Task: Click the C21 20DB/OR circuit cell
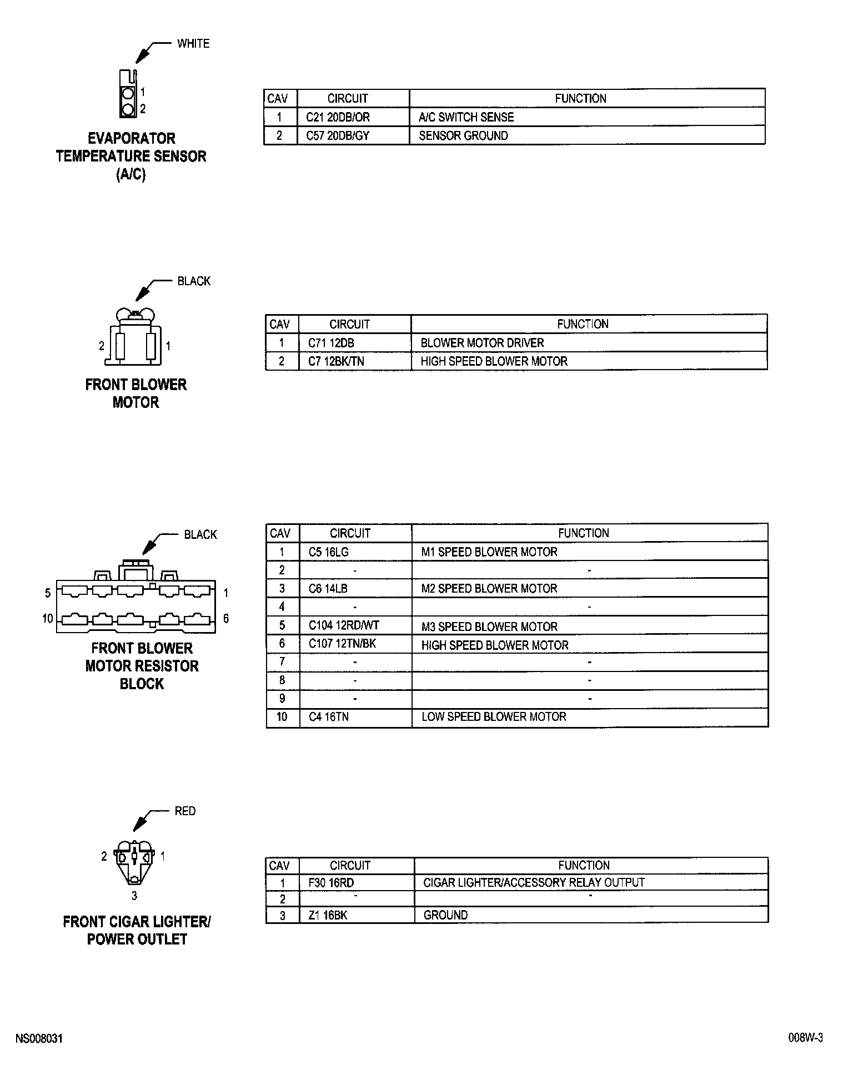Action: (x=338, y=117)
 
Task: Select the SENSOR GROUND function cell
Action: (x=463, y=135)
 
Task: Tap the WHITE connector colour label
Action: (x=193, y=43)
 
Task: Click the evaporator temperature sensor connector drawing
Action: (x=128, y=94)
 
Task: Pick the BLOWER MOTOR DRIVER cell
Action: (x=482, y=343)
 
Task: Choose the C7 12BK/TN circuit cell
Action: (x=336, y=361)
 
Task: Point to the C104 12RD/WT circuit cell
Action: (x=344, y=625)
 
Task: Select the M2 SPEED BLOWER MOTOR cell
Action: (x=489, y=588)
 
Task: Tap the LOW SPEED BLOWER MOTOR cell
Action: (x=494, y=716)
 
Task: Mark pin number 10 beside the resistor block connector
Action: (x=48, y=618)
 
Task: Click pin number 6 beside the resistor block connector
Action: (x=226, y=618)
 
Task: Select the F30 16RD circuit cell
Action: (x=331, y=882)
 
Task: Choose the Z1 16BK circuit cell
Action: (x=328, y=915)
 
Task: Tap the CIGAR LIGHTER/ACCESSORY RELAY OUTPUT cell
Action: (x=534, y=882)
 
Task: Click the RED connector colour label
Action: (x=185, y=811)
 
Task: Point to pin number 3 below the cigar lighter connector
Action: (x=134, y=896)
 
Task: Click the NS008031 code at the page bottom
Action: (x=39, y=1039)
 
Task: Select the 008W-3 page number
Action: (x=805, y=1039)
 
